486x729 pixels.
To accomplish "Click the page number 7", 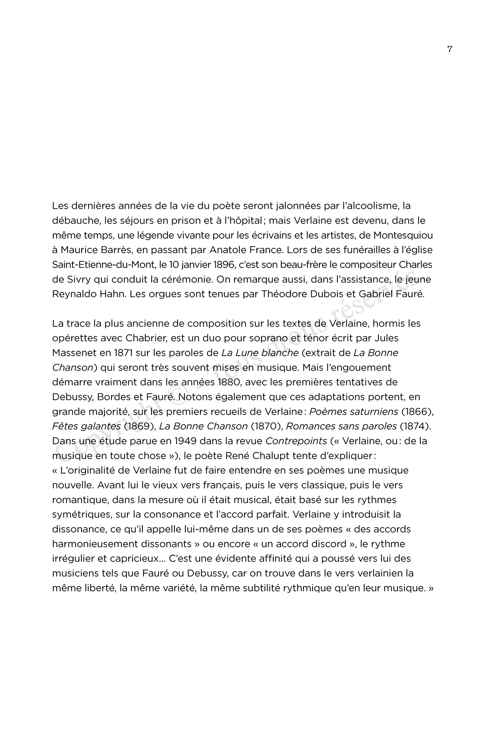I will (x=450, y=49).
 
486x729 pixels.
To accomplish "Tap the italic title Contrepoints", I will (x=296, y=441).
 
